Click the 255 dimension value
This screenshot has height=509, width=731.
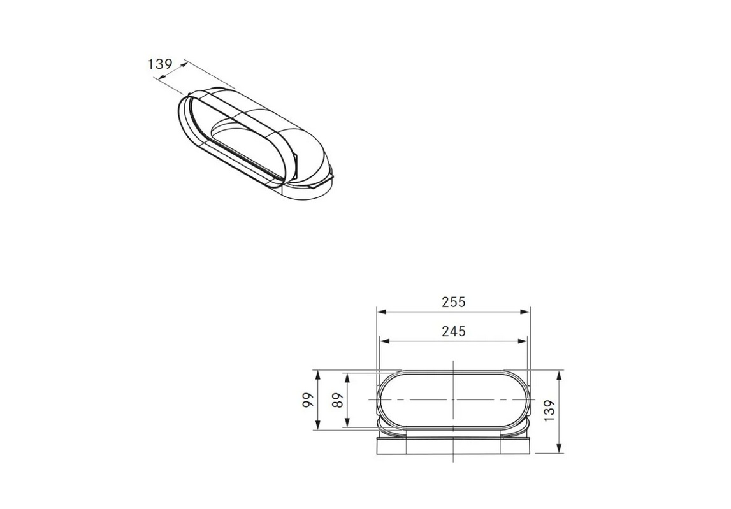pyautogui.click(x=454, y=302)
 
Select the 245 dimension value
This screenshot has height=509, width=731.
pyautogui.click(x=454, y=331)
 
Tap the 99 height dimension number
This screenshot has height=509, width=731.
pyautogui.click(x=307, y=400)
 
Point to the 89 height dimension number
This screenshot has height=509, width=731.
pyautogui.click(x=338, y=400)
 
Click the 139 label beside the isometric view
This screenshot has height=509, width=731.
pyautogui.click(x=161, y=64)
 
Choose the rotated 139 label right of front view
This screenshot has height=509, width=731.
pyautogui.click(x=549, y=411)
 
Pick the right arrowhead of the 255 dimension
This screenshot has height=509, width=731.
pyautogui.click(x=525, y=312)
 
